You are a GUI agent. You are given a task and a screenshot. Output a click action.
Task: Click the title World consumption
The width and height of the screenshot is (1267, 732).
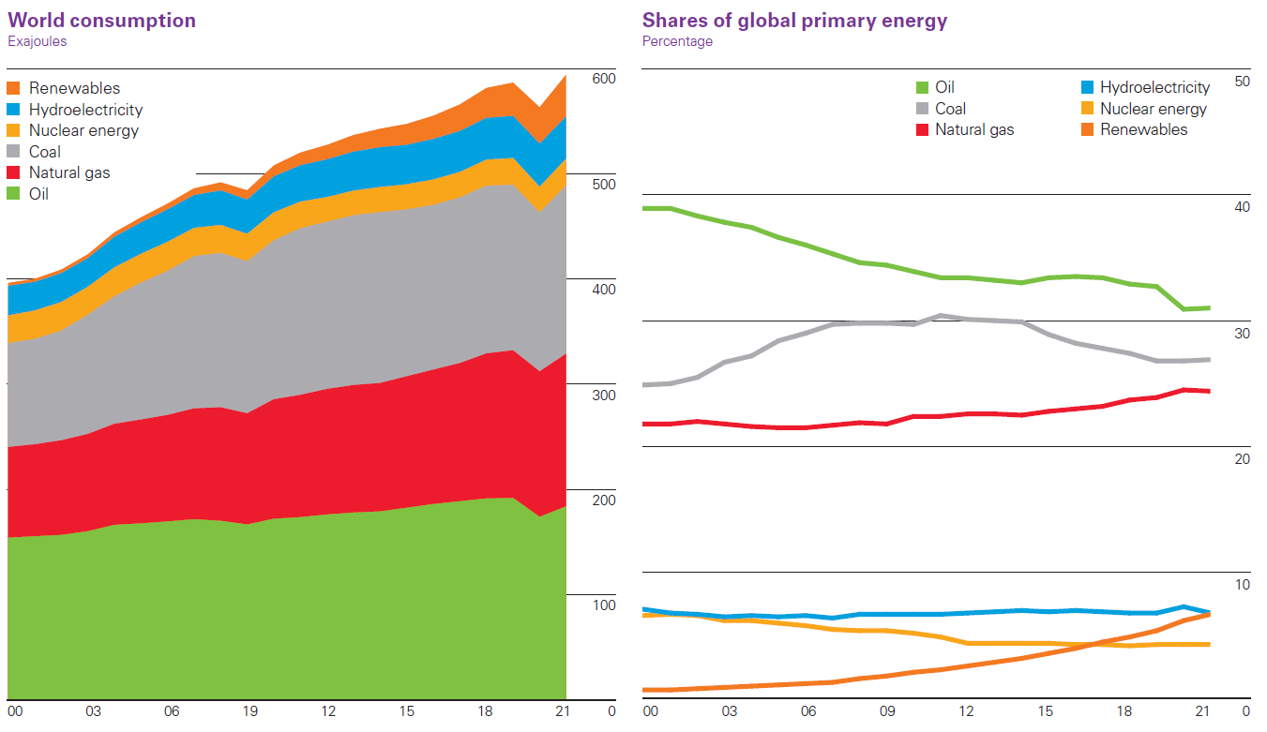click(101, 21)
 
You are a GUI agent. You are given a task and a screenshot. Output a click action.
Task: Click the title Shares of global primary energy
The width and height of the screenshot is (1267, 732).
click(794, 21)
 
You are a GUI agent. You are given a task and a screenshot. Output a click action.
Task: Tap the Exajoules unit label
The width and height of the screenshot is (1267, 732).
click(38, 41)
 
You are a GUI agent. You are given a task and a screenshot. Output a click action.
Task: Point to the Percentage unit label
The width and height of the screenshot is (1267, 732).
click(677, 41)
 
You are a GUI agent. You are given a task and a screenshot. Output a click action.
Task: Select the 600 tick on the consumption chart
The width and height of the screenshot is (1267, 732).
click(603, 79)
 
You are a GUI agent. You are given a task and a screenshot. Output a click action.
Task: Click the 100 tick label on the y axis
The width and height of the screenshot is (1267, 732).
click(603, 605)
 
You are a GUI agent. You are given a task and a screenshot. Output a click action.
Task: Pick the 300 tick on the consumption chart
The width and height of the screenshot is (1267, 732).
click(603, 396)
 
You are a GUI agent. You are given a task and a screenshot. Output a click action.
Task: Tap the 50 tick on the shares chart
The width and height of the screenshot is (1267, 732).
click(1243, 82)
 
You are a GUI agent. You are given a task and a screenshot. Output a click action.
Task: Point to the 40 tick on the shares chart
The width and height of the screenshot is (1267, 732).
click(1243, 207)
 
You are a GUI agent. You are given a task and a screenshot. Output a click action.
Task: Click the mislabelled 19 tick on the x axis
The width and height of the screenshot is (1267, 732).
click(249, 711)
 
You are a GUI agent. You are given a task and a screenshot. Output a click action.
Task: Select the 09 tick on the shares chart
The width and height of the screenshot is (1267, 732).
click(887, 711)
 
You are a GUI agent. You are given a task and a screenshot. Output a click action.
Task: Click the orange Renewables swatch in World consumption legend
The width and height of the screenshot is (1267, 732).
click(14, 88)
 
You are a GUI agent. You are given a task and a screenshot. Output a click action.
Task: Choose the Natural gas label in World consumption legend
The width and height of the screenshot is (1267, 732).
click(69, 173)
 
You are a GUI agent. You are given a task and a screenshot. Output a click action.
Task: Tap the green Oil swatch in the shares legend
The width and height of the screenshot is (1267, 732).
click(922, 87)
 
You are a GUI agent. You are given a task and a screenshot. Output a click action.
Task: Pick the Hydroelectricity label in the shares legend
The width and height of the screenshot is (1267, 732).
click(1154, 87)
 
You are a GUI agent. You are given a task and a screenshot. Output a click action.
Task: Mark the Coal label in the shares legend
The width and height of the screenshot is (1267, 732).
click(950, 109)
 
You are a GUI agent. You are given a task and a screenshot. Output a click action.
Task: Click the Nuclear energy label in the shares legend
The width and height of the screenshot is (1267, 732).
click(1154, 109)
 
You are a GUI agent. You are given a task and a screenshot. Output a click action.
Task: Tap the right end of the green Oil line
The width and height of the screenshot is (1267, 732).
click(1209, 307)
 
